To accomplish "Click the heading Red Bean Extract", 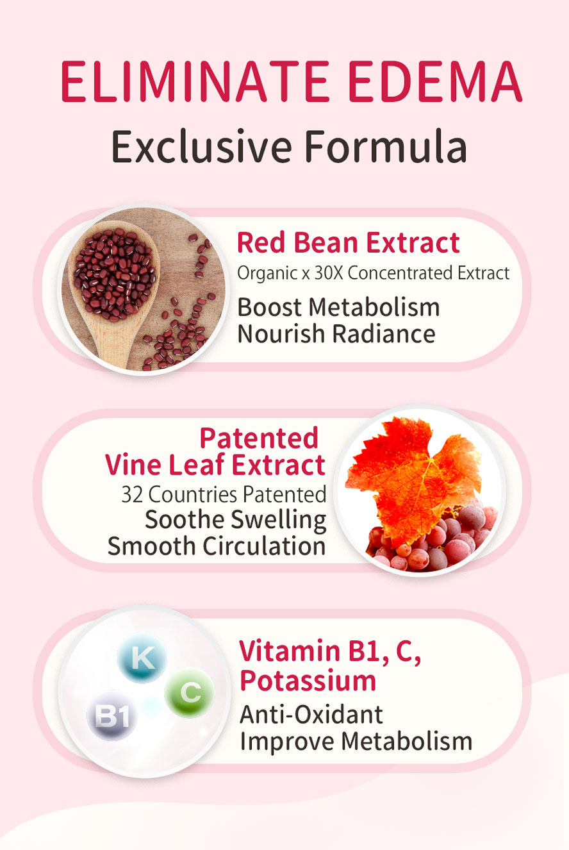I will point(348,242).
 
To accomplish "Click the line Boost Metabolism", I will point(338,307).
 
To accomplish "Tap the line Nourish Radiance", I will point(336,333).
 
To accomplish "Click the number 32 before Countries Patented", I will point(131,494).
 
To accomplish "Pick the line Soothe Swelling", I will point(236,520).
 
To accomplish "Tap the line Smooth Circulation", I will point(217,546).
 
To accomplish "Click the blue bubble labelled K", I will point(142,658).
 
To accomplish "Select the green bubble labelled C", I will point(189,693).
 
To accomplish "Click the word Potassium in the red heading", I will point(308,681).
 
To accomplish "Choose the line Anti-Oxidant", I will point(311,714).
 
